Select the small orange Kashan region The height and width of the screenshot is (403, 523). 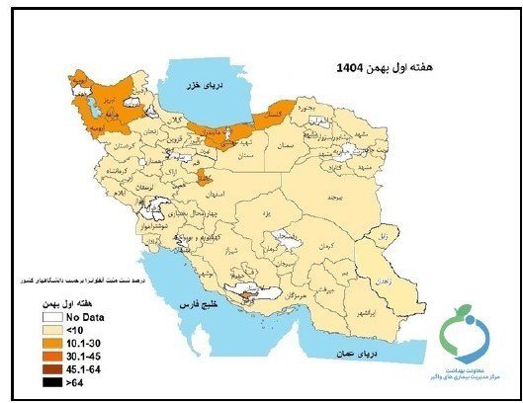204,176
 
